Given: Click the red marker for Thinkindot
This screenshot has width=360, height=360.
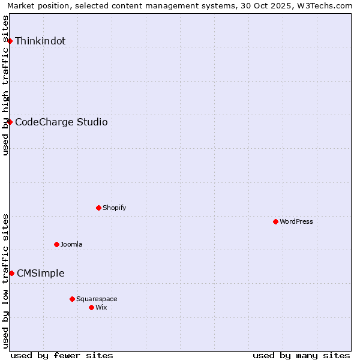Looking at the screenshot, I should point(10,41).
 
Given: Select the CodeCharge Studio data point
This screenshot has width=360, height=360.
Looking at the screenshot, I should point(10,122).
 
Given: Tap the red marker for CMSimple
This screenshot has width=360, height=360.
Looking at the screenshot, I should point(11,273).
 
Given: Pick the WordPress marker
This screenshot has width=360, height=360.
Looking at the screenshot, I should point(275,221).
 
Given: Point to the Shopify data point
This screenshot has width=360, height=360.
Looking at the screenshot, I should point(98,208).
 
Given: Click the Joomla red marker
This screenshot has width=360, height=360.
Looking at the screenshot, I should point(56,244).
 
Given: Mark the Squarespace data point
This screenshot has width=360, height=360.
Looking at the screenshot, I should point(72,299).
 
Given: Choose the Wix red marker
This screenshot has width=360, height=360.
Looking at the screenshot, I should point(91,307).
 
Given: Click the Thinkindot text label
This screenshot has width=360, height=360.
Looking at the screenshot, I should point(40,41).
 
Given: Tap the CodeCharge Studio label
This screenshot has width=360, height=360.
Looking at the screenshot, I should point(61,122).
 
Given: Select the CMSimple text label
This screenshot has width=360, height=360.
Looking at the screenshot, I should point(41,273).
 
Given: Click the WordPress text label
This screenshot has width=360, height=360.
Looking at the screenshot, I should point(296,221).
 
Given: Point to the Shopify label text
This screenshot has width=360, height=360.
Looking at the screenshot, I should point(115,208).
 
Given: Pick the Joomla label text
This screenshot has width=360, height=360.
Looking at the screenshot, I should point(71,244).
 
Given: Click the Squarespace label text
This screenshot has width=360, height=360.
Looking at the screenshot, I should point(97,299).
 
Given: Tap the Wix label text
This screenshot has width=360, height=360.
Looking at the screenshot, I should point(101,307).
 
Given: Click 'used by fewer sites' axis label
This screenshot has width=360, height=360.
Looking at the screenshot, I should point(62,355).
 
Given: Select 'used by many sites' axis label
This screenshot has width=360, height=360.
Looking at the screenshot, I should point(301,355).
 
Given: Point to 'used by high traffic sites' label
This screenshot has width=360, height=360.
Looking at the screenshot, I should point(5,85).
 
